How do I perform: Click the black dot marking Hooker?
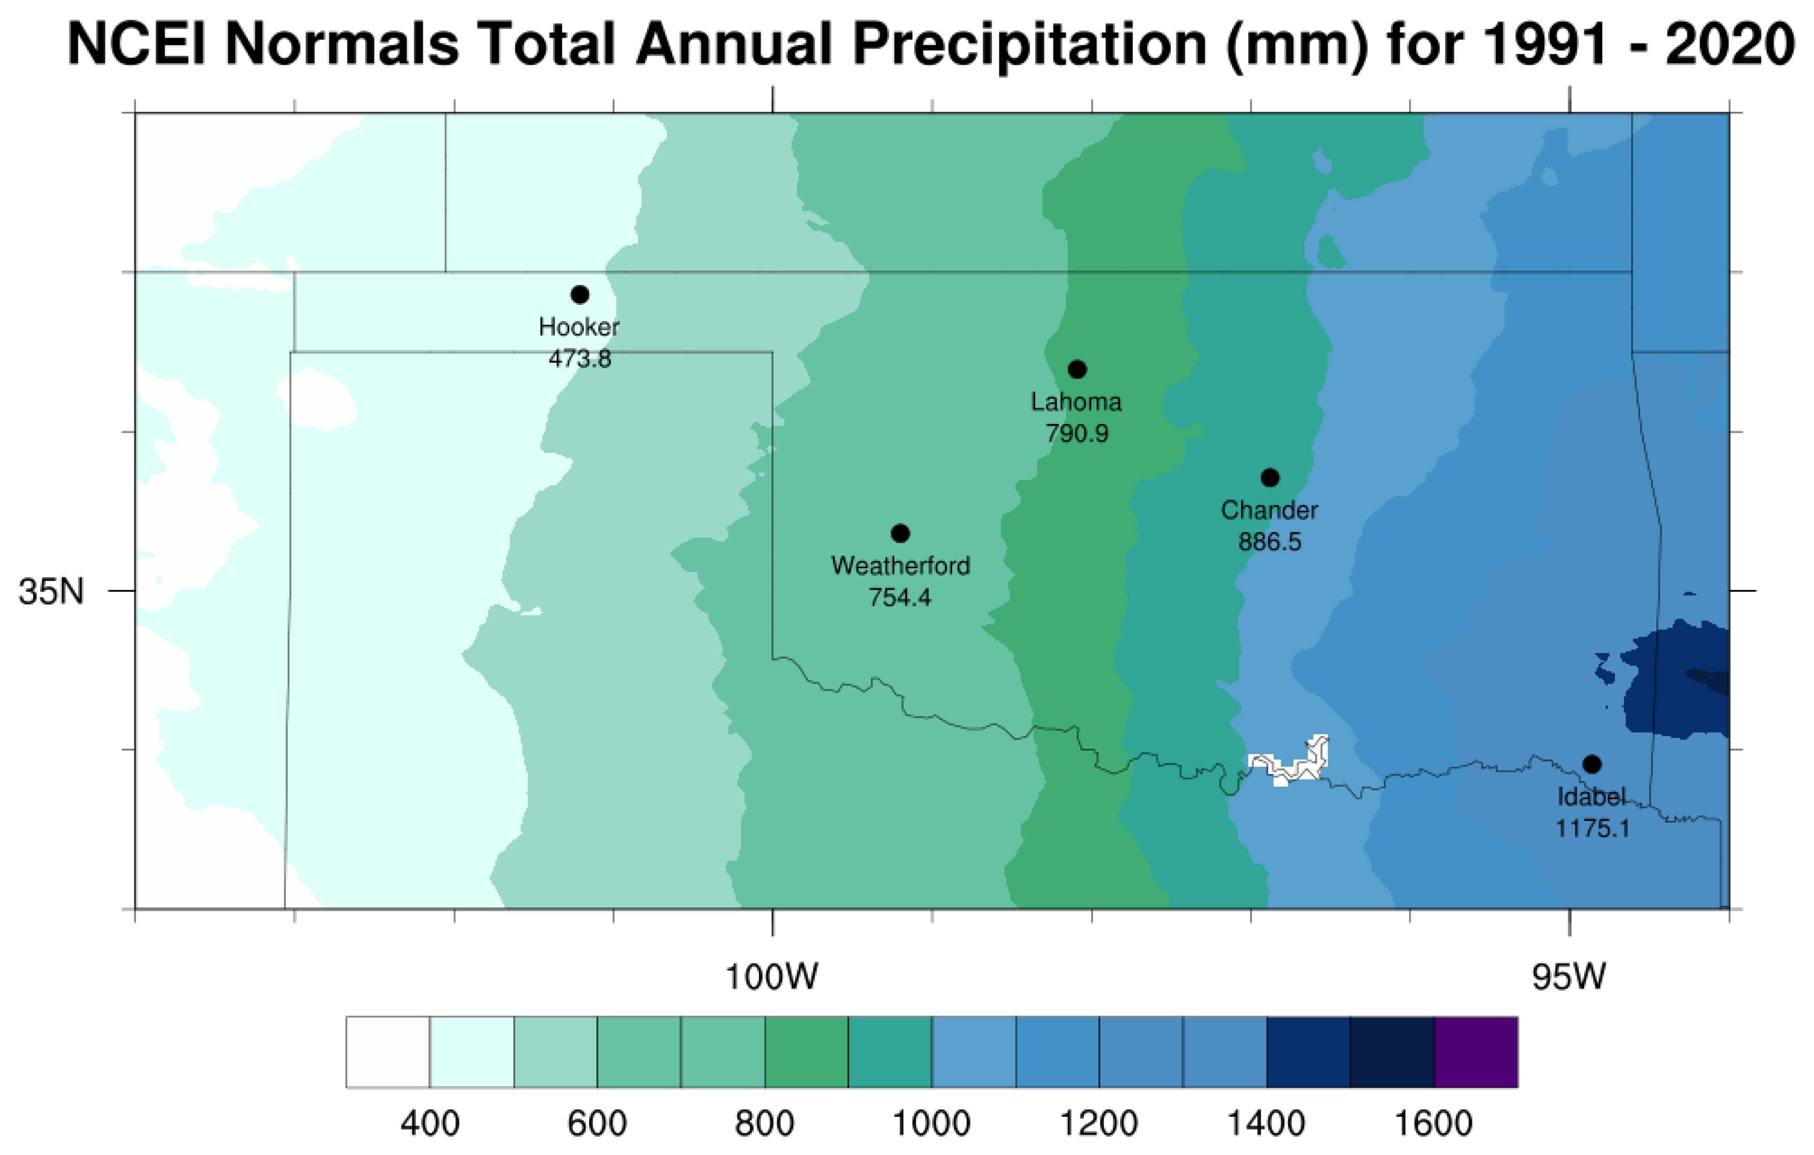[x=579, y=294]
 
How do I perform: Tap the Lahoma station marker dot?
[x=1077, y=369]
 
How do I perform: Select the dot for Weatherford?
[x=900, y=533]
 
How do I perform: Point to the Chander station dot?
[x=1270, y=478]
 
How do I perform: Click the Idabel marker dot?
[x=1592, y=764]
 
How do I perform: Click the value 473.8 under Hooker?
[x=579, y=358]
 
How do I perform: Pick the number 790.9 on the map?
[x=1077, y=433]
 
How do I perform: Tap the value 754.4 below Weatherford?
[x=900, y=597]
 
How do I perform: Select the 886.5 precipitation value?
[x=1270, y=542]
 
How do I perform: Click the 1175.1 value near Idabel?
[x=1592, y=828]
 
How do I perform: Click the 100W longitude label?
[x=772, y=977]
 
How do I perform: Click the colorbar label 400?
[x=430, y=1122]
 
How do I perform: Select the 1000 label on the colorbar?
[x=931, y=1122]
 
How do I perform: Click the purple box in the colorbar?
[x=1476, y=1052]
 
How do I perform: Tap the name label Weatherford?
[x=900, y=566]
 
